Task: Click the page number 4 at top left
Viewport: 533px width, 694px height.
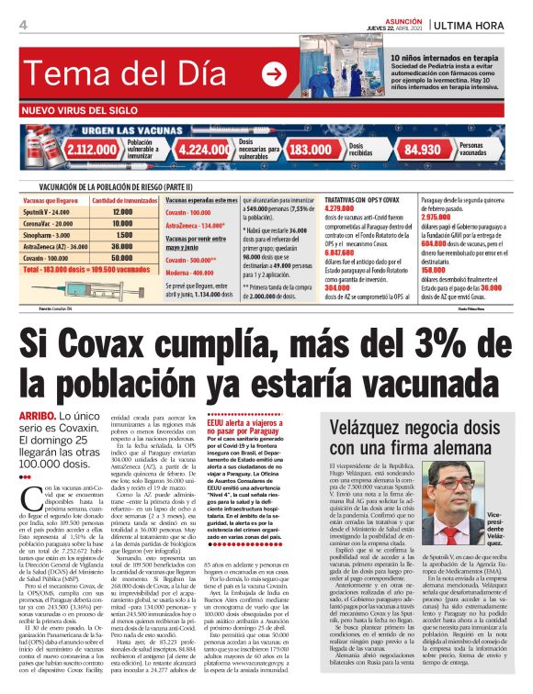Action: pos(21,24)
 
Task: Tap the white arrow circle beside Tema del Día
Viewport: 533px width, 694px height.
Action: pos(273,74)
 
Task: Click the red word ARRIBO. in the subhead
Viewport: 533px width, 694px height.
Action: pos(37,416)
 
